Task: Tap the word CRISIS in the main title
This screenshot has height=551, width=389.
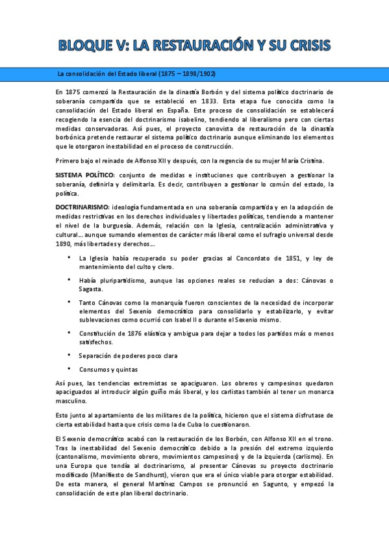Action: pos(305,45)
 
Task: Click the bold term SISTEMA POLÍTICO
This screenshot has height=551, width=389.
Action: pos(84,175)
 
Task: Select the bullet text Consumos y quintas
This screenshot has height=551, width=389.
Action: pos(108,369)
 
